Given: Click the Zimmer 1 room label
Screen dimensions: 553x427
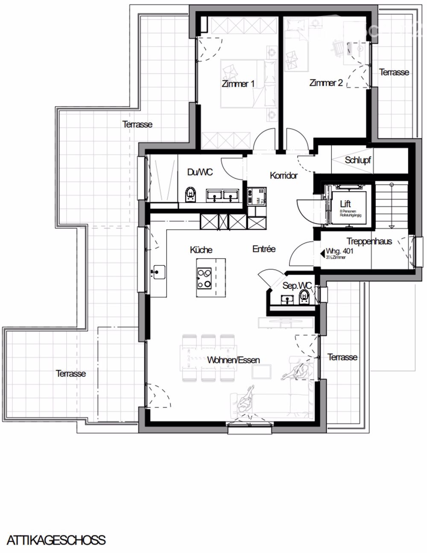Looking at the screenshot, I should (238, 84).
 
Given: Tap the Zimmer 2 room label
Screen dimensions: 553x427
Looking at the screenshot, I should (326, 83).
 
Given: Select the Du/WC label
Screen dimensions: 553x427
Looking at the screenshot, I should (200, 172).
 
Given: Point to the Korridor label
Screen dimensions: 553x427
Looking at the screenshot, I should (284, 175).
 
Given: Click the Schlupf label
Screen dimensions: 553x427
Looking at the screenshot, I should (358, 161).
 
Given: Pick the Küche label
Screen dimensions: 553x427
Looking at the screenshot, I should (201, 250).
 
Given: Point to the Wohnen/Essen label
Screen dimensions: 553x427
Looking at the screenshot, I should (233, 360).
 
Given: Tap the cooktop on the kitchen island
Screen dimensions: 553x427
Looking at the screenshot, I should (204, 278).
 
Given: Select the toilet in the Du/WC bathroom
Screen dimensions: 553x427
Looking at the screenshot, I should (190, 194).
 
